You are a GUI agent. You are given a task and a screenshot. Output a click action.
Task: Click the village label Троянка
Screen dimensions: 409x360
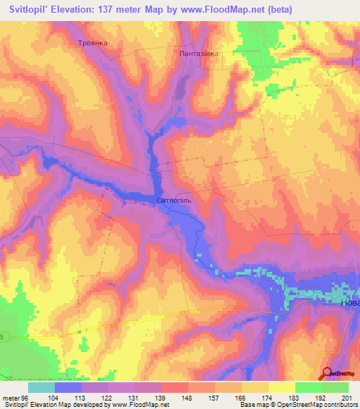(92, 43)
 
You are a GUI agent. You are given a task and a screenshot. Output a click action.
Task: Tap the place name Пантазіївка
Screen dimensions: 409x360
(200, 53)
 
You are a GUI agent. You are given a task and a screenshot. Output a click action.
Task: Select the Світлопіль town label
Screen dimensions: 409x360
(174, 200)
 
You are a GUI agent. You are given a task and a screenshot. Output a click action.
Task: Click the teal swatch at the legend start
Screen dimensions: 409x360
(41, 387)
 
